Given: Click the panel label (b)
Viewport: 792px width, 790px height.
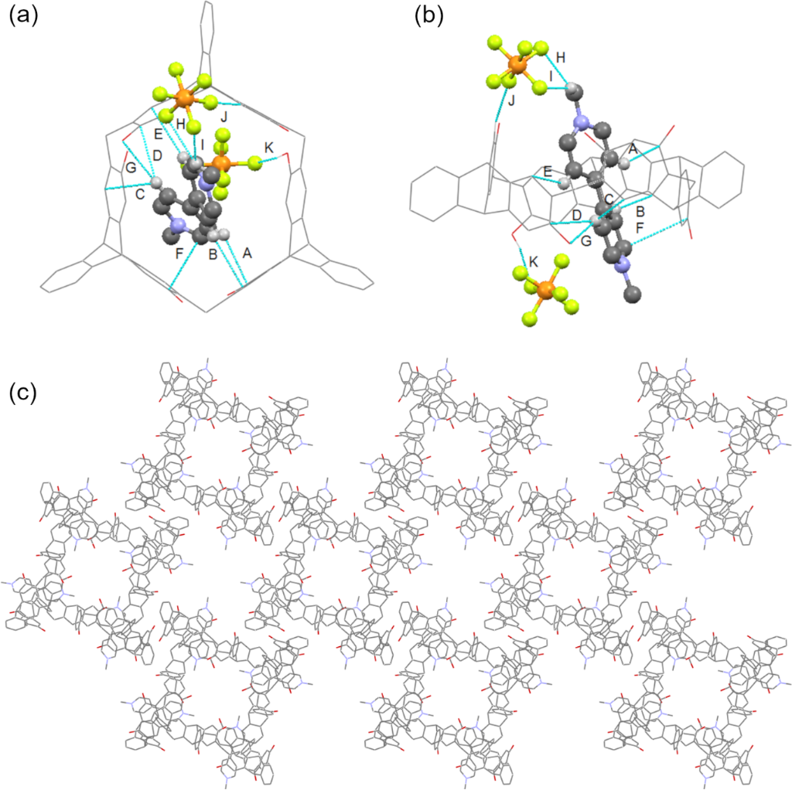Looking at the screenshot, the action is (429, 17).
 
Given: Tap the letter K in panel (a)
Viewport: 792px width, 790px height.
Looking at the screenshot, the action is (269, 148).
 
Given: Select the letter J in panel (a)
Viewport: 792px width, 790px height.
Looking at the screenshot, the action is (224, 117).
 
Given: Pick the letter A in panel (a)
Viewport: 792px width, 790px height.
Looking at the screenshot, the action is (247, 253).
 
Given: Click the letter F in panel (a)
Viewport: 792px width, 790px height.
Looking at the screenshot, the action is (179, 254).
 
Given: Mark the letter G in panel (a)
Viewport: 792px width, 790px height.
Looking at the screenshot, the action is (131, 167).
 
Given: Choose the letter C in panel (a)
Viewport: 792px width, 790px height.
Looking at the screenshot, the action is (141, 193).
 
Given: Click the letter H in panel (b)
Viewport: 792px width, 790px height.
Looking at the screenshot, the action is (561, 57).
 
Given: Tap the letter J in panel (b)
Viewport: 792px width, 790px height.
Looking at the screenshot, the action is (512, 101).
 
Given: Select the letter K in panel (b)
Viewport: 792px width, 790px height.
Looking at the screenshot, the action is (534, 261).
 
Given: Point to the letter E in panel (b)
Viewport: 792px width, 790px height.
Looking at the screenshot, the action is (548, 172).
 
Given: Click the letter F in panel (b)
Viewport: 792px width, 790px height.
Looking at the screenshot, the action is (640, 228).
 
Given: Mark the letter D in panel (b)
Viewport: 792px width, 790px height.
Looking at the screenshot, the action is (577, 216).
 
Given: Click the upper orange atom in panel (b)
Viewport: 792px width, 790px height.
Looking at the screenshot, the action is (516, 64).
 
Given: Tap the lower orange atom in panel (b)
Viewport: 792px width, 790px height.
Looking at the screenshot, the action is (544, 290).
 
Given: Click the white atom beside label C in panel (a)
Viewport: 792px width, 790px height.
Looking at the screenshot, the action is (157, 182).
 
